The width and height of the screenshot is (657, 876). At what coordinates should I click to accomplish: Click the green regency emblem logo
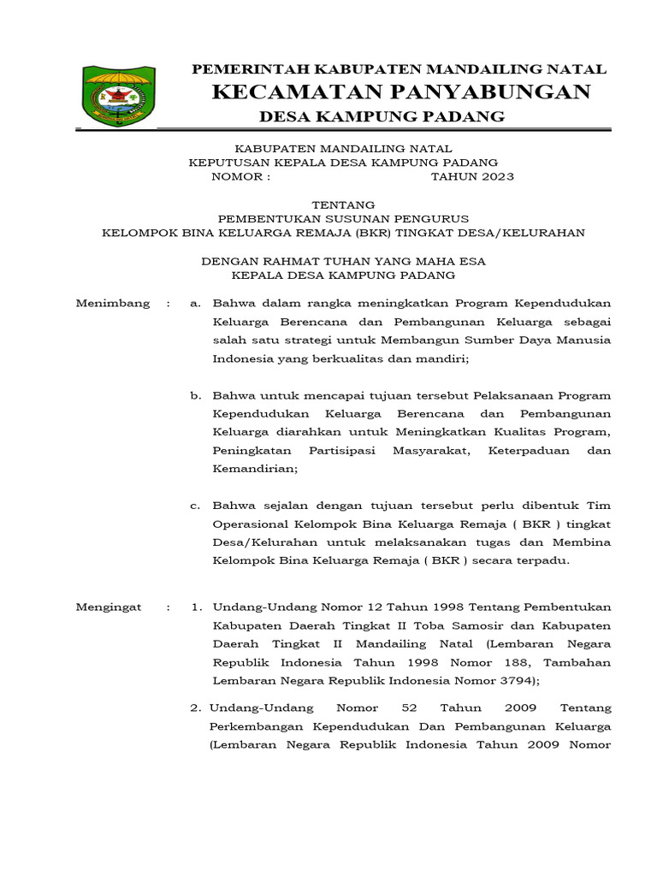[x=118, y=96]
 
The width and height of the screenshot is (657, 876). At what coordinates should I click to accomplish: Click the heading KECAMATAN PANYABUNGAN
[x=400, y=92]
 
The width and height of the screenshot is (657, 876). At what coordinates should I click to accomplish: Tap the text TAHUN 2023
[x=472, y=177]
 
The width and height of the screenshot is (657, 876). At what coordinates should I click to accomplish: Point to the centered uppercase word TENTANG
[x=343, y=204]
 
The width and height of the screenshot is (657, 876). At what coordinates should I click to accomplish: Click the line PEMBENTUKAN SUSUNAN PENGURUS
[x=343, y=218]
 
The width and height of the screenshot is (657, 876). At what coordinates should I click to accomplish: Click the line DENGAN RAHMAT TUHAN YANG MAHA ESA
[x=343, y=262]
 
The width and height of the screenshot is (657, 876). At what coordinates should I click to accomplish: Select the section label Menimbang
[x=113, y=303]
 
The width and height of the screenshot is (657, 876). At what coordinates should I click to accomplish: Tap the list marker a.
[x=196, y=303]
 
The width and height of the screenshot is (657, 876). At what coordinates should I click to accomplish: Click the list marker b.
[x=196, y=395]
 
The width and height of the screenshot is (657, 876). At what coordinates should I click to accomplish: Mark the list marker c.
[x=196, y=505]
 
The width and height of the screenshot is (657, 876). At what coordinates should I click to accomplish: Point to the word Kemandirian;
[x=255, y=469]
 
